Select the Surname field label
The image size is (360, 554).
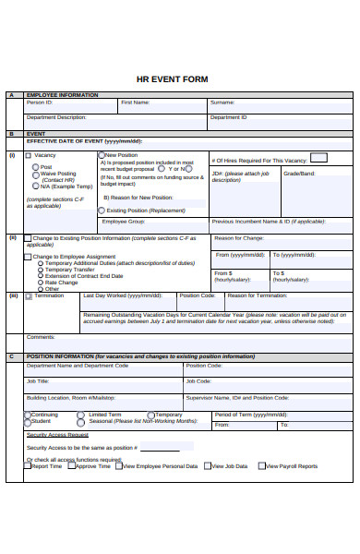pyautogui.click(x=222, y=102)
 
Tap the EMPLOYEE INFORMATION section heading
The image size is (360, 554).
pyautogui.click(x=62, y=95)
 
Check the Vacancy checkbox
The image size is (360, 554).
pyautogui.click(x=28, y=155)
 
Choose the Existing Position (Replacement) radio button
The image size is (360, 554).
pyautogui.click(x=102, y=211)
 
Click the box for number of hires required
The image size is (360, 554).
pyautogui.click(x=318, y=158)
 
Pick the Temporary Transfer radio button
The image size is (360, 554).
pyautogui.click(x=39, y=269)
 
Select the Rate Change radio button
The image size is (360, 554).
pyautogui.click(x=39, y=282)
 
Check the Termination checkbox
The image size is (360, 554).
pyautogui.click(x=29, y=295)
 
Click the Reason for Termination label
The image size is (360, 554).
pyautogui.click(x=258, y=295)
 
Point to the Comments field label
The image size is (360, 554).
pyautogui.click(x=41, y=337)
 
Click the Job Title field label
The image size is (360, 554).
pyautogui.click(x=38, y=380)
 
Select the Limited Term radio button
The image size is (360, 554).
pyautogui.click(x=81, y=415)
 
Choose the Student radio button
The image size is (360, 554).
pyautogui.click(x=27, y=421)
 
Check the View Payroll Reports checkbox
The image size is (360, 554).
pyautogui.click(x=261, y=466)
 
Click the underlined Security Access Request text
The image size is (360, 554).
pyautogui.click(x=57, y=434)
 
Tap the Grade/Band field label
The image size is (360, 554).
pyautogui.click(x=298, y=173)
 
